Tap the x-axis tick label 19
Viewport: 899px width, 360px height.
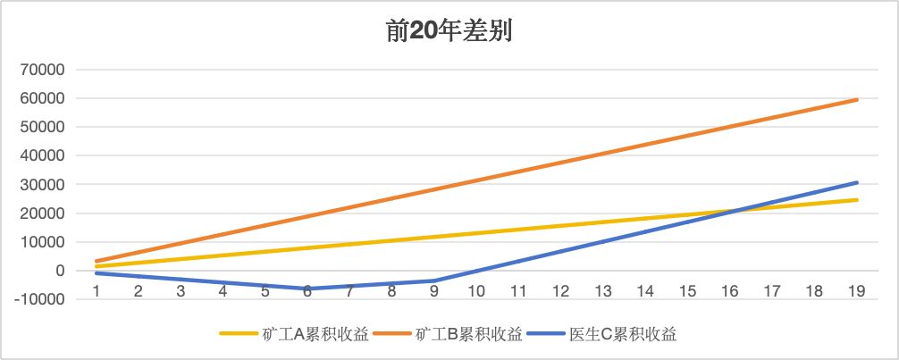click(x=856, y=291)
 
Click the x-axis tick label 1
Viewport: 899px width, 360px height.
click(x=97, y=291)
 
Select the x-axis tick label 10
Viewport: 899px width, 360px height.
click(x=476, y=291)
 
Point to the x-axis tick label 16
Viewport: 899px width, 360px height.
click(x=729, y=291)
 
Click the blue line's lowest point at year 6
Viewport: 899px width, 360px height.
click(x=307, y=289)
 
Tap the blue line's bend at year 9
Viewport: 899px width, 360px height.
click(x=434, y=280)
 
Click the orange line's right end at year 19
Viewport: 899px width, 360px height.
click(x=856, y=100)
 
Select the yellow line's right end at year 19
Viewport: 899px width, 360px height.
click(x=856, y=200)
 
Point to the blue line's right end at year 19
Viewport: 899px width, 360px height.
click(x=856, y=183)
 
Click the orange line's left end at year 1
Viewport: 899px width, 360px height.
click(x=97, y=261)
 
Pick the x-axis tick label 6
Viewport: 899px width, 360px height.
click(x=307, y=291)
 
